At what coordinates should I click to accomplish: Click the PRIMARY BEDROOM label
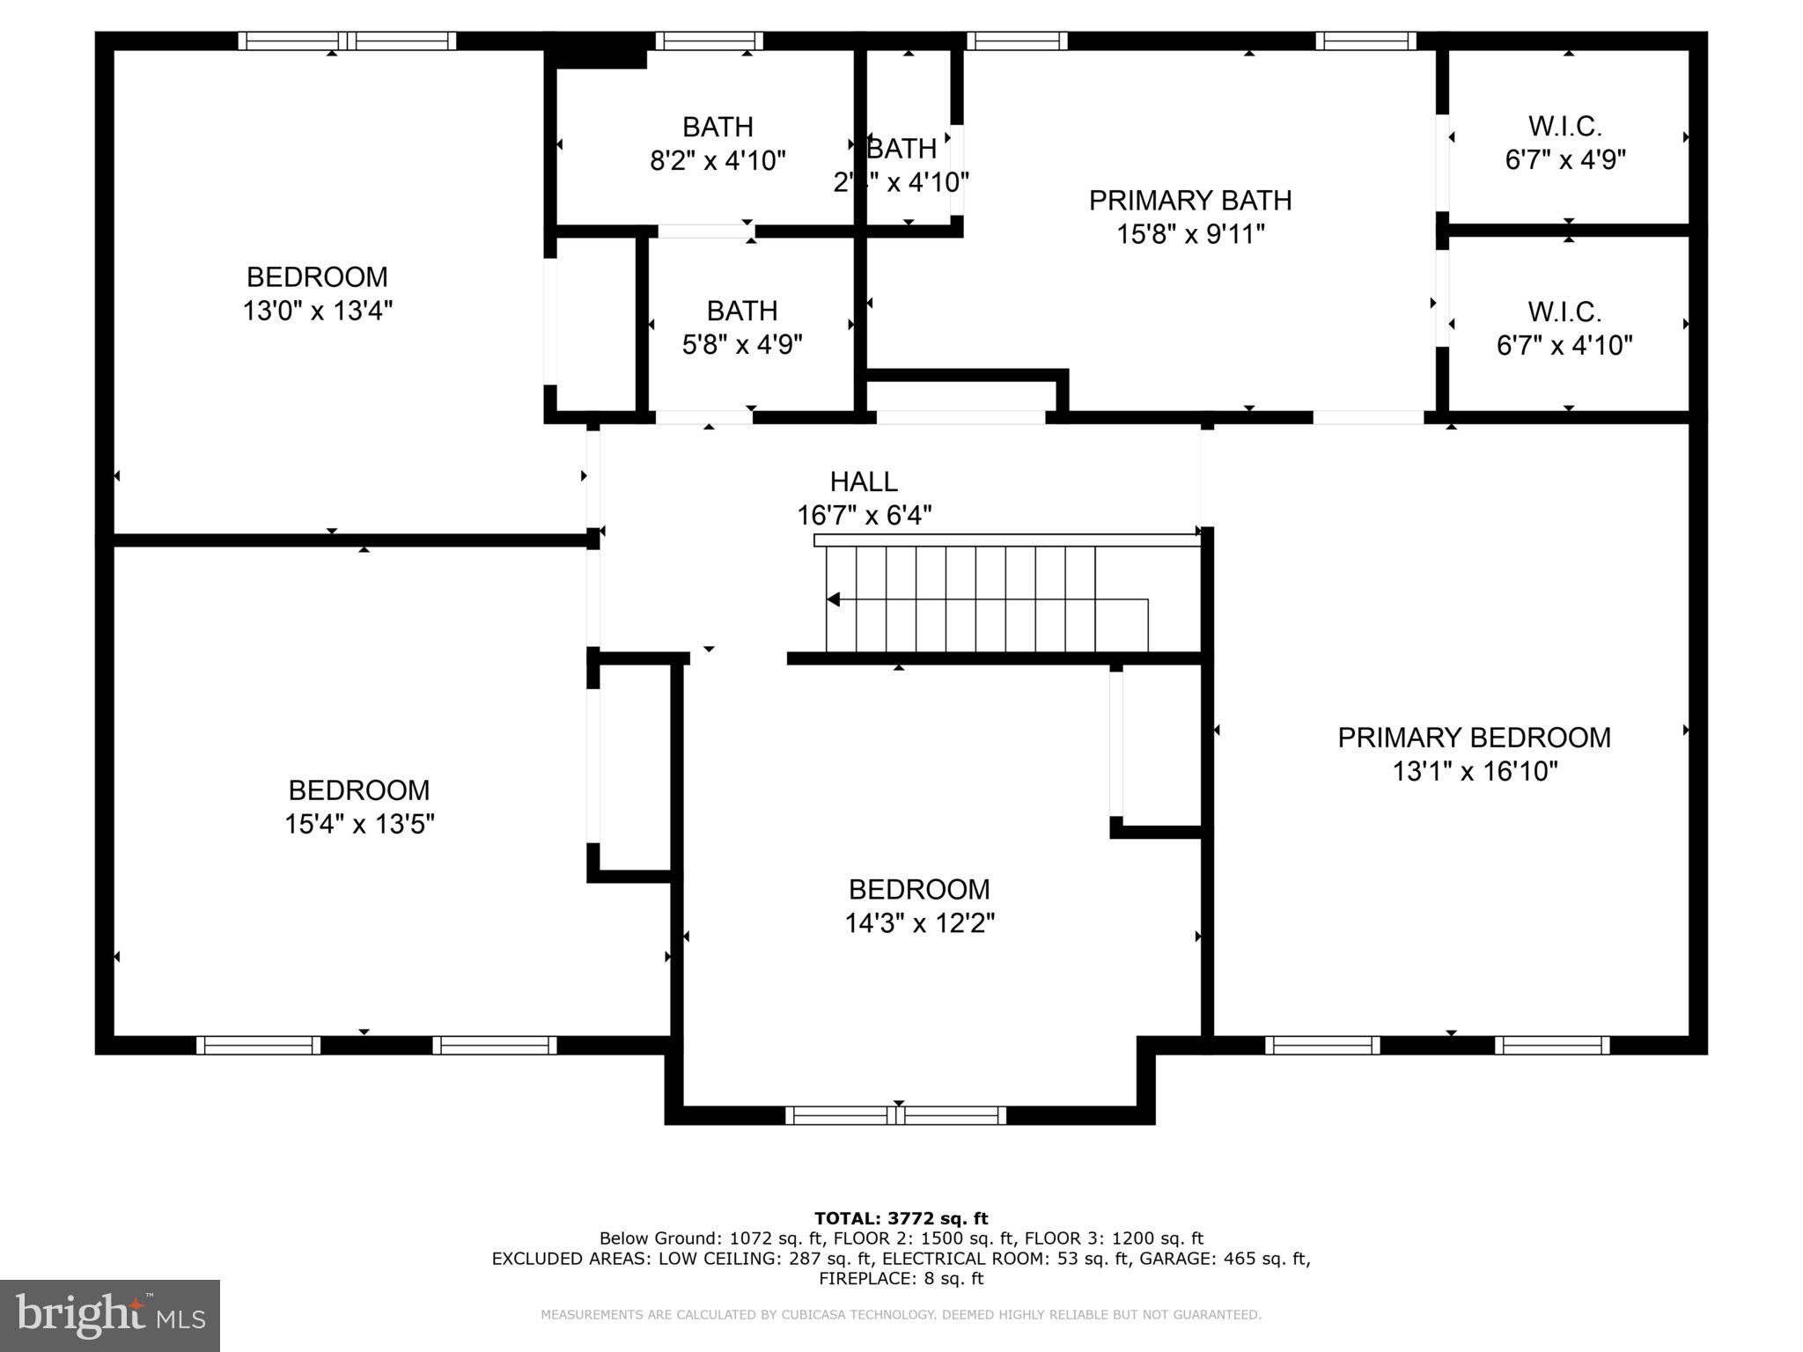click(1474, 738)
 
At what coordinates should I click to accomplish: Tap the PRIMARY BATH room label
click(1190, 201)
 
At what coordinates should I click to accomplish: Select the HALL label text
click(864, 481)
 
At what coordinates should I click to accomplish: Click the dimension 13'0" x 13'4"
click(317, 311)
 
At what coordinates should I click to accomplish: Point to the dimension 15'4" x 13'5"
click(359, 824)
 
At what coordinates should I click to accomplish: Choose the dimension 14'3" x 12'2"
click(919, 923)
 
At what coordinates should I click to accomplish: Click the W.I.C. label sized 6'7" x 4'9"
click(1564, 127)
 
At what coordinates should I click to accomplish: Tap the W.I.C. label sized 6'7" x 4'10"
click(1564, 312)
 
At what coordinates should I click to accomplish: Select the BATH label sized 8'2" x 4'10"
click(718, 128)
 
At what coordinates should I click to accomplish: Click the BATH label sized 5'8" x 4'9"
click(741, 311)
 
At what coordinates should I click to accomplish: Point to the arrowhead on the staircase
click(833, 599)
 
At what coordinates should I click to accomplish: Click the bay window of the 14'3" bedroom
click(895, 1115)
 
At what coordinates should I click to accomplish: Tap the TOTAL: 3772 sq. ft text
click(901, 1218)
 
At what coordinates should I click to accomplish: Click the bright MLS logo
click(110, 1315)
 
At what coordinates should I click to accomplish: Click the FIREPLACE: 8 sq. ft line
click(901, 1279)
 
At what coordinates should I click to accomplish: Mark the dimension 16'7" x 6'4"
click(864, 515)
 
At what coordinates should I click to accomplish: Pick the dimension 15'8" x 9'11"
click(1190, 235)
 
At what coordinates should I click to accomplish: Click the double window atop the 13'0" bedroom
click(347, 40)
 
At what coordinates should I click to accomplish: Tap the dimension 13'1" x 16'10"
click(1474, 772)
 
